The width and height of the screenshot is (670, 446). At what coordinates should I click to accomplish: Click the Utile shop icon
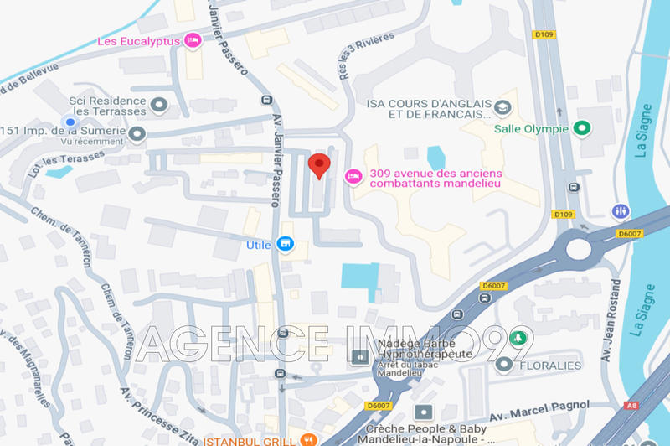click(x=286, y=244)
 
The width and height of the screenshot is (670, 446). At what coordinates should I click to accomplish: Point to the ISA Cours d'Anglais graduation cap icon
click(x=502, y=108)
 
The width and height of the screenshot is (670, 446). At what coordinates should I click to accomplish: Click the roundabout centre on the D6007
click(x=578, y=247)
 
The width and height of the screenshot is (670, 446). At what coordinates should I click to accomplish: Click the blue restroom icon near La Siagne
click(x=621, y=211)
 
